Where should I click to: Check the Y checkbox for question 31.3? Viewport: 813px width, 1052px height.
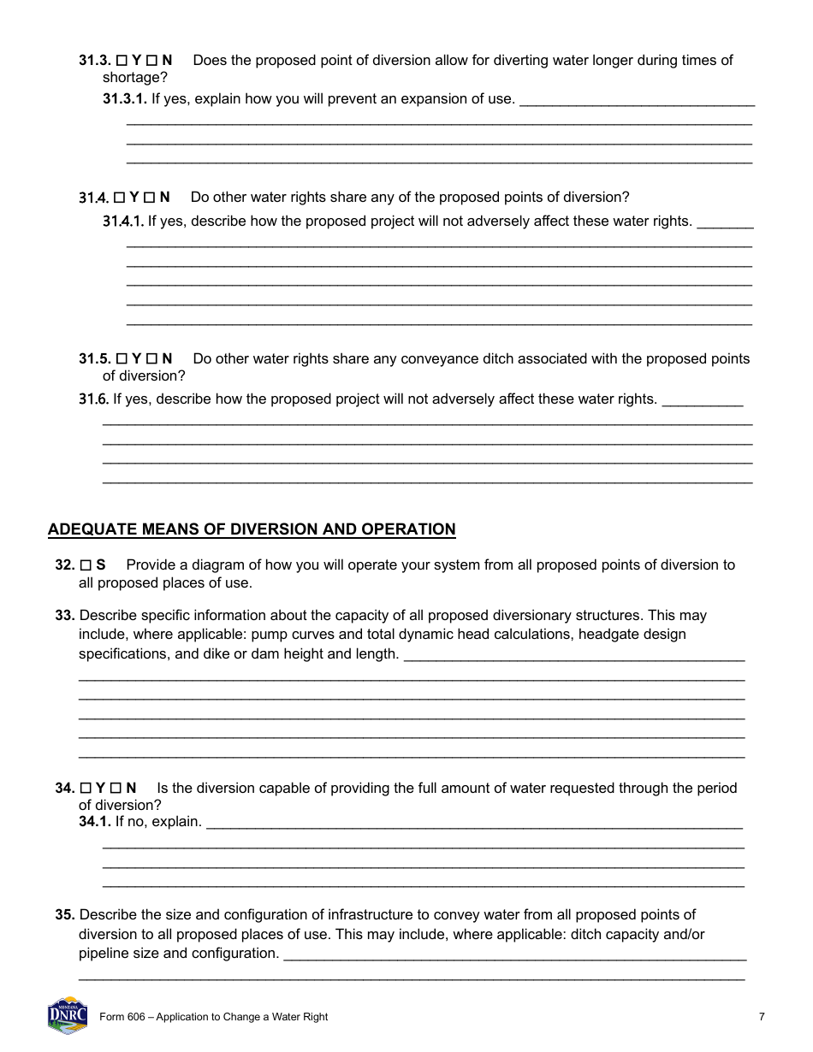click(122, 61)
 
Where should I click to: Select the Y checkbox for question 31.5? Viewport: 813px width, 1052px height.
click(122, 358)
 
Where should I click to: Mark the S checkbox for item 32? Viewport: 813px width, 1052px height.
click(86, 565)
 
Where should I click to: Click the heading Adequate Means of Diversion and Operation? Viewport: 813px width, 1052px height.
click(252, 529)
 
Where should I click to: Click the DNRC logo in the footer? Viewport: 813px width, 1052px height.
click(68, 1015)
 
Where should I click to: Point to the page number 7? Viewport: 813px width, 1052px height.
click(762, 1017)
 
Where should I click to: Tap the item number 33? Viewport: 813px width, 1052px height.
click(65, 616)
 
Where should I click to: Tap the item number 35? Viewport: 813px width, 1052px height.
click(65, 915)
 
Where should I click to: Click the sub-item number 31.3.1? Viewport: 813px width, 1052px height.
click(125, 99)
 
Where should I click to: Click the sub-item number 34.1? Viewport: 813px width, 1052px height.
click(95, 822)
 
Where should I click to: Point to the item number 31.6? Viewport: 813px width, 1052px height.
click(93, 399)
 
